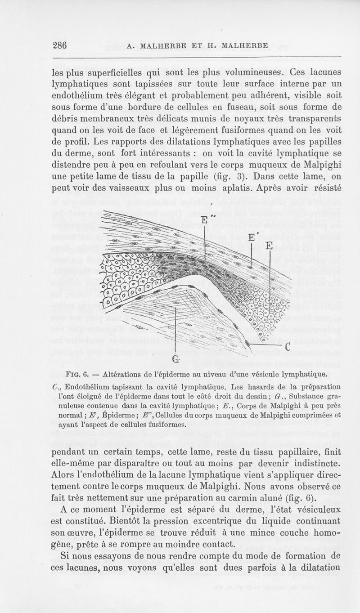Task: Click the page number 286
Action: click(x=60, y=46)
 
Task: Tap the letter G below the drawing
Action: click(x=175, y=358)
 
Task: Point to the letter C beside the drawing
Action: click(x=287, y=347)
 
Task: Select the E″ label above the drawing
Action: click(x=206, y=220)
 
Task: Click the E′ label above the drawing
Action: click(x=253, y=237)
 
